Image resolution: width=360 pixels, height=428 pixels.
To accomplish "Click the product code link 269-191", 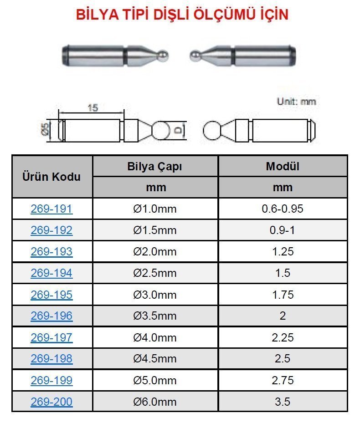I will pyautogui.click(x=51, y=209).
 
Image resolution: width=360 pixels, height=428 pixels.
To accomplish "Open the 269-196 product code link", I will pyautogui.click(x=51, y=316).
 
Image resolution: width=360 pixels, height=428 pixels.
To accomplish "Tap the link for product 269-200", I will pyautogui.click(x=51, y=402).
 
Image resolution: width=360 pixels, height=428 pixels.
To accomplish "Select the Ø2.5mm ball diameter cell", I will pyautogui.click(x=155, y=273).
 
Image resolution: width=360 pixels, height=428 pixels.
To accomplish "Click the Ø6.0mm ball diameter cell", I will pyautogui.click(x=155, y=402).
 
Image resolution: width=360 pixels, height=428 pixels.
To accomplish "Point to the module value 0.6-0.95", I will pyautogui.click(x=283, y=209).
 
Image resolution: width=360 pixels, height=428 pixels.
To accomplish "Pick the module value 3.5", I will pyautogui.click(x=283, y=402).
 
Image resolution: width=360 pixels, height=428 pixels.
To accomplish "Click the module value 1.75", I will pyautogui.click(x=283, y=295).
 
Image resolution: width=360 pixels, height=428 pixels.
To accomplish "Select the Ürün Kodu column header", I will pyautogui.click(x=51, y=177).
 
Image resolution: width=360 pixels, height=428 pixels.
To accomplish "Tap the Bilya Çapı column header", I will pyautogui.click(x=155, y=167).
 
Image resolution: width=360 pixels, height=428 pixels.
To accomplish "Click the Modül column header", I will pyautogui.click(x=283, y=167).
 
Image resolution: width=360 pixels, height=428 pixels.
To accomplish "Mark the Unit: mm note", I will pyautogui.click(x=296, y=101).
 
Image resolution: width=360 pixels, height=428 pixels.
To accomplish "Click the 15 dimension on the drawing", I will pyautogui.click(x=93, y=108).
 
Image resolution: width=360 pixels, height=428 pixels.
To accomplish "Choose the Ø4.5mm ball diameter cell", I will pyautogui.click(x=155, y=359).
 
